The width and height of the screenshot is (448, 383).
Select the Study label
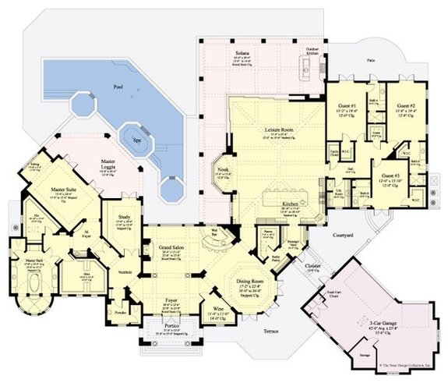(125, 217)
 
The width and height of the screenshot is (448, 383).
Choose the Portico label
(167, 326)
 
